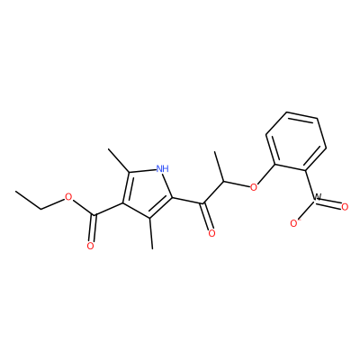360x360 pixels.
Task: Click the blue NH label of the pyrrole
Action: tap(163, 168)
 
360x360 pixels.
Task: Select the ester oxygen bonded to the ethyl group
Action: tap(69, 197)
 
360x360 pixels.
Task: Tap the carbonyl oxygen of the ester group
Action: tap(90, 246)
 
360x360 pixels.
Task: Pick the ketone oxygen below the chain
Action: tap(211, 233)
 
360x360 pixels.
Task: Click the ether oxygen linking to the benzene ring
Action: tap(254, 187)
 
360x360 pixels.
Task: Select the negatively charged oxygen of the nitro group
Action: tap(294, 222)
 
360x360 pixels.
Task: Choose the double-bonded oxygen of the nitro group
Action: tap(345, 207)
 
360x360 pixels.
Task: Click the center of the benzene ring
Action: tap(296, 141)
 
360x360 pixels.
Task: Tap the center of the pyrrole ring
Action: tap(148, 192)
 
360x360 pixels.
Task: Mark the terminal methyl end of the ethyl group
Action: tap(15, 191)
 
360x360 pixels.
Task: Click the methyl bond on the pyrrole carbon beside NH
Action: tap(119, 160)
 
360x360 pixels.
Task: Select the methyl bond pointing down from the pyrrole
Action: tap(151, 233)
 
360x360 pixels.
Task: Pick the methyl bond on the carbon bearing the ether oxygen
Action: tap(220, 166)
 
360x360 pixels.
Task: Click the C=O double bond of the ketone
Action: tap(207, 217)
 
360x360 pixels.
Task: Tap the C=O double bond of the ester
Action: tap(93, 229)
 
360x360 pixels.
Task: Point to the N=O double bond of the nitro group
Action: tap(330, 203)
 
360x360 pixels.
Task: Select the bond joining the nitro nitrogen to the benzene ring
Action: tap(310, 184)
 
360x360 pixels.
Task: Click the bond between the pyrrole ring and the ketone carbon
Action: tap(187, 202)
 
